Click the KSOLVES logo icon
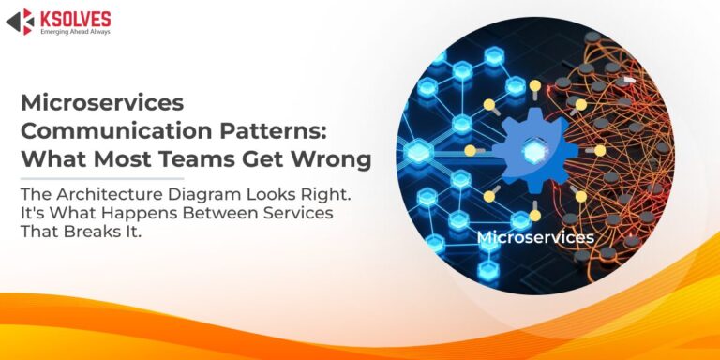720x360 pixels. [21, 22]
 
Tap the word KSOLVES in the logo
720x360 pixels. [76, 20]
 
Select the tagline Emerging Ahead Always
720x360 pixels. [75, 32]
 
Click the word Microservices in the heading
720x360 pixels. [102, 102]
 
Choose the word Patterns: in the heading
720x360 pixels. [273, 131]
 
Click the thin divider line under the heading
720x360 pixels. [102, 179]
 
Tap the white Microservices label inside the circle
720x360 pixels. [535, 237]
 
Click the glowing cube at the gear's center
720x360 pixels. [533, 150]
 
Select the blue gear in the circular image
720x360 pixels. [535, 150]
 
